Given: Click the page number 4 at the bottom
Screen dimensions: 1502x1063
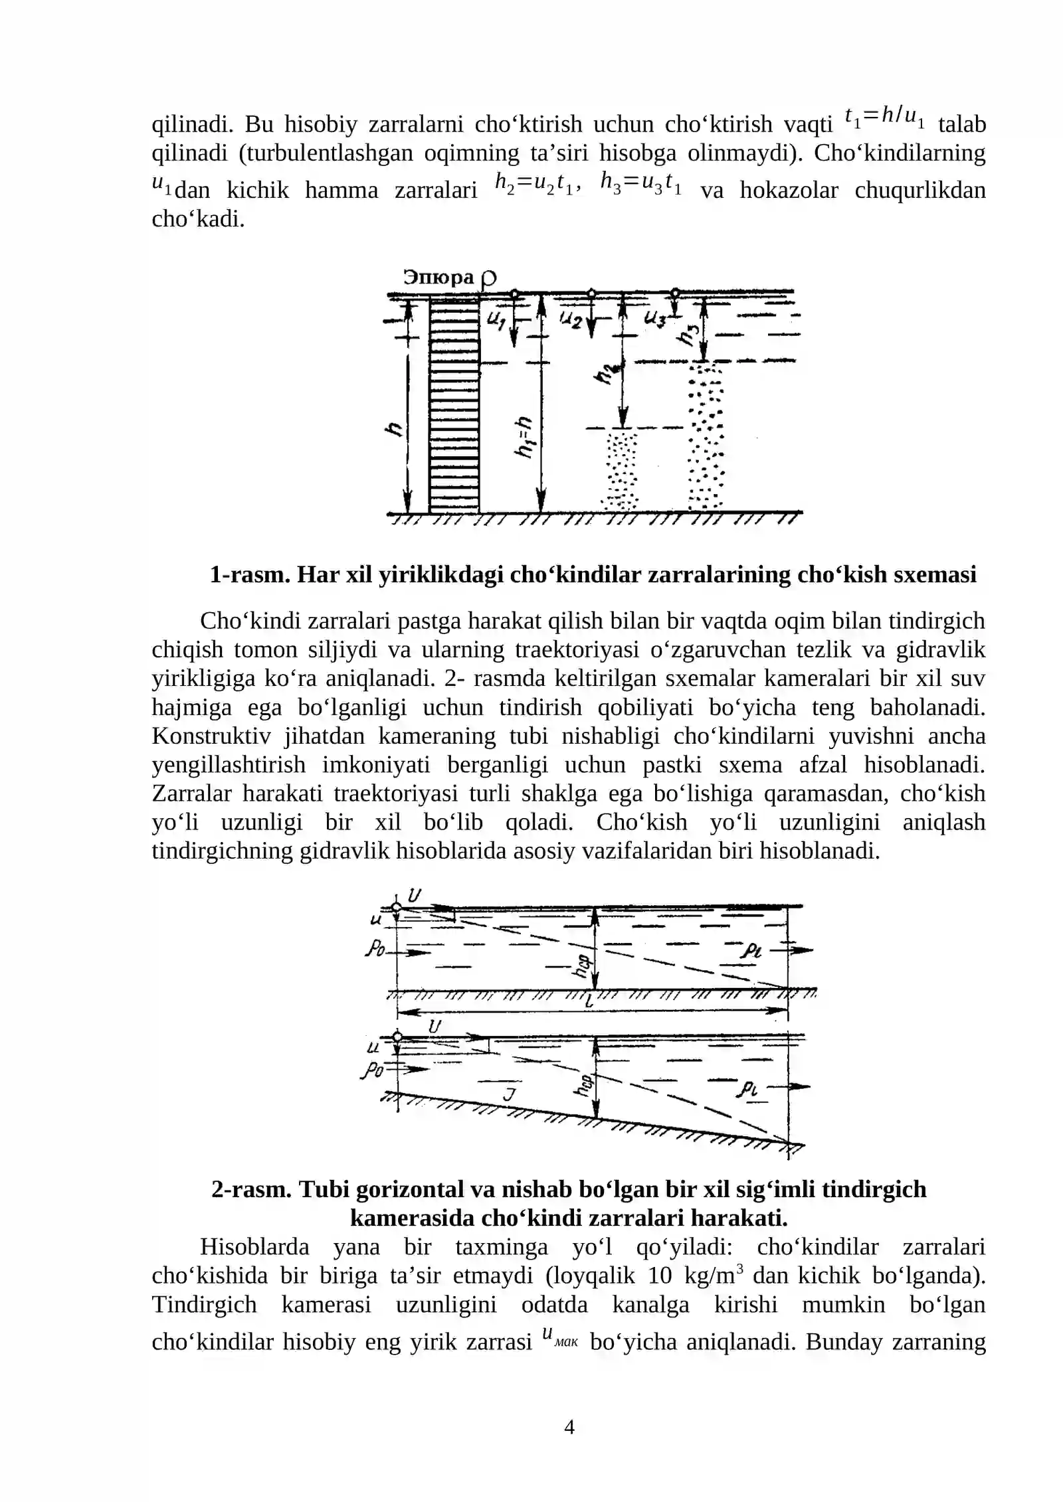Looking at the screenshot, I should (x=569, y=1426).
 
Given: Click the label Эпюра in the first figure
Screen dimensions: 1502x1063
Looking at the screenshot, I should (x=438, y=277).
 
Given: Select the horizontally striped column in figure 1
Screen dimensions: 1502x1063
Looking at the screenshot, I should (x=454, y=406).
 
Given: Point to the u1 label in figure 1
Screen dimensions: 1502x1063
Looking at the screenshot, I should (x=496, y=321).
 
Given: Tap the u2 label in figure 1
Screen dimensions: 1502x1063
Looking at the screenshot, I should (x=571, y=321).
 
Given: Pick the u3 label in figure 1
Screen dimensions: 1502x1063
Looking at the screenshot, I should (x=655, y=319).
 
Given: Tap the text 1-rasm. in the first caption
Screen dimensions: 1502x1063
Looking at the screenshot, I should (x=250, y=574).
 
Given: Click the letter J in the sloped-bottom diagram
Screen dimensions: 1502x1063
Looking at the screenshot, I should (x=509, y=1094).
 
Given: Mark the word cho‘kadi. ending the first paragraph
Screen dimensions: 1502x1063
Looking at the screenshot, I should (x=198, y=219).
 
